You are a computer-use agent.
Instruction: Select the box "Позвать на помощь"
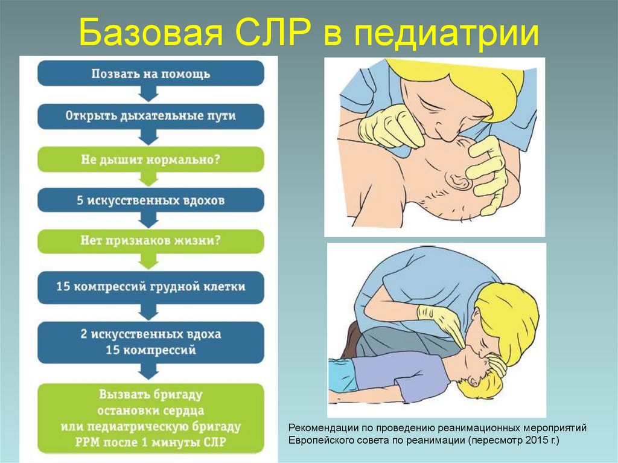pyautogui.click(x=151, y=74)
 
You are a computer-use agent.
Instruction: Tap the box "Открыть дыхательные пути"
pyautogui.click(x=151, y=116)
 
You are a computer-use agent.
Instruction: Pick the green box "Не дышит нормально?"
pyautogui.click(x=151, y=159)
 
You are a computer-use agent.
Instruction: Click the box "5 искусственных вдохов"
pyautogui.click(x=151, y=200)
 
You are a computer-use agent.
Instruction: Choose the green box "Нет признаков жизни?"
pyautogui.click(x=151, y=240)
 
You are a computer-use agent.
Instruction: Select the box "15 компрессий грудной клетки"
pyautogui.click(x=151, y=287)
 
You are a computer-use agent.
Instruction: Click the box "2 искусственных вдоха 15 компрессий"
pyautogui.click(x=151, y=342)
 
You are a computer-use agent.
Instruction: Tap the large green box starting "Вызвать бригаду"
pyautogui.click(x=151, y=419)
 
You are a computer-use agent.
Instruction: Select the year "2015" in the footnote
pyautogui.click(x=530, y=441)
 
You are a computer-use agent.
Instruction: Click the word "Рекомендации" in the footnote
pyautogui.click(x=323, y=428)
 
